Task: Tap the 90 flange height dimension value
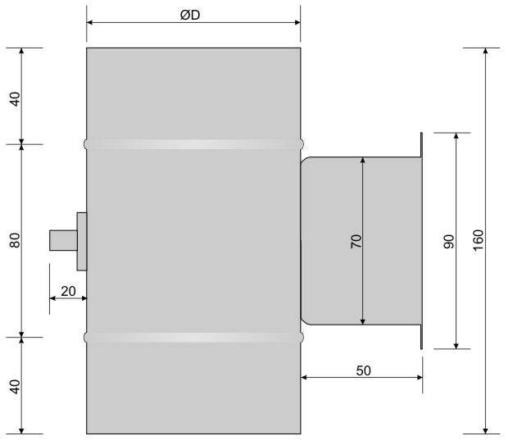click(448, 241)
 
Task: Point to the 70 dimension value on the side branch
click(355, 241)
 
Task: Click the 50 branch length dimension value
click(363, 370)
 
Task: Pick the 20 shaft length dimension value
click(68, 289)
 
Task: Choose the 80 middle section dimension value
click(14, 241)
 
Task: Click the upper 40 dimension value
click(14, 99)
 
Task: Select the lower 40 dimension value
click(14, 385)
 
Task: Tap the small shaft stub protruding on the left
click(62, 241)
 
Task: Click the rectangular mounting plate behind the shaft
click(81, 241)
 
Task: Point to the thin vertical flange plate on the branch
click(421, 241)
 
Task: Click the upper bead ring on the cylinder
click(193, 144)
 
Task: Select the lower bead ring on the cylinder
click(193, 337)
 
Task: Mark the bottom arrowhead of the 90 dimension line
click(456, 344)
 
